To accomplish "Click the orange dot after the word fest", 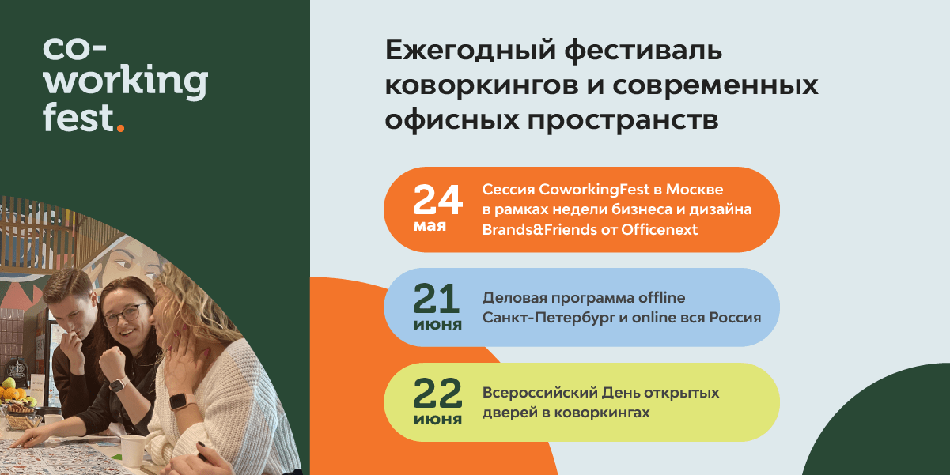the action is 120,127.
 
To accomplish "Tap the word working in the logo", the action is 126,81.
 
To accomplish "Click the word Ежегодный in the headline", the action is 469,51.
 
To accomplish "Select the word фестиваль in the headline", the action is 643,51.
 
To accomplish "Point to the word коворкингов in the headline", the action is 482,85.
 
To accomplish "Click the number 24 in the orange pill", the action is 437,200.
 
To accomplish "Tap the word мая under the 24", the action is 430,226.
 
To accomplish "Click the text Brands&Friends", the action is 539,230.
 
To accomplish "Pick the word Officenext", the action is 660,230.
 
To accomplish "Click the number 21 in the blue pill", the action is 437,299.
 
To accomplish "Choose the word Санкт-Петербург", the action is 549,318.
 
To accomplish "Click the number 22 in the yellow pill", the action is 437,394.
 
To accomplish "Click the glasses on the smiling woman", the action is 126,314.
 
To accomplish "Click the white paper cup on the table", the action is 132,451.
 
